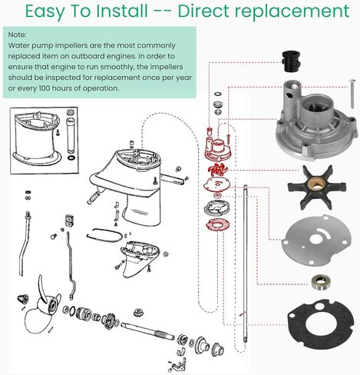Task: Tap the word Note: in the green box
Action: coord(18,35)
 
